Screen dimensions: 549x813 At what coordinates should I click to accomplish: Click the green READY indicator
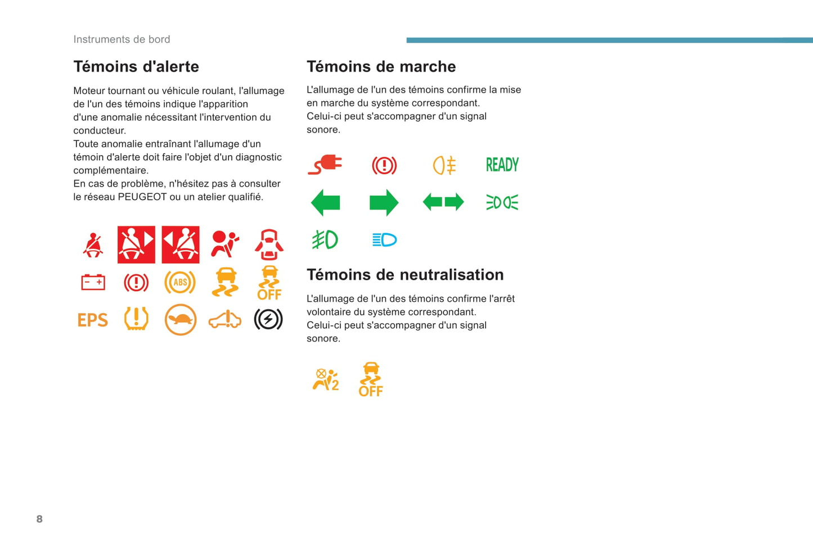(502, 165)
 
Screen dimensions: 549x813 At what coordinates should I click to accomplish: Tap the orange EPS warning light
(92, 320)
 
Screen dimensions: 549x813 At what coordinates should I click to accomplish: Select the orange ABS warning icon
(180, 283)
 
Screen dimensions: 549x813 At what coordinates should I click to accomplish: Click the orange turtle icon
(181, 320)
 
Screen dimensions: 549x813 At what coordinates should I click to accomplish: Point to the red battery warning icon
(93, 282)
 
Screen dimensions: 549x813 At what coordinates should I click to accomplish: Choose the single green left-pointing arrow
(325, 202)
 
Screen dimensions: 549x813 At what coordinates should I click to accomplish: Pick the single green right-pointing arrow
(384, 202)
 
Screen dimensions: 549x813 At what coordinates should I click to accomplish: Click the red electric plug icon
(325, 165)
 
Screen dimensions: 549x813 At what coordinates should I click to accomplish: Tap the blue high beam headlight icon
(384, 240)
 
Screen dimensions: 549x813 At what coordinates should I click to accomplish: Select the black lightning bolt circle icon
(268, 320)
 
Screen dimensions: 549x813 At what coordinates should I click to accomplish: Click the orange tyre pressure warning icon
(136, 319)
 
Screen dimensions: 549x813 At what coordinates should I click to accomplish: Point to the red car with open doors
(269, 244)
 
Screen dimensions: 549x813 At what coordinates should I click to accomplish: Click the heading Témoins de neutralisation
(405, 275)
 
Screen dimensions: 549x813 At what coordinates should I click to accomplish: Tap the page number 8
(39, 519)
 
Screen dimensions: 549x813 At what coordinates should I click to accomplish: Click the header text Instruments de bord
(122, 39)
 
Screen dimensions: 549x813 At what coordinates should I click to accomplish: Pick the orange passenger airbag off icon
(326, 379)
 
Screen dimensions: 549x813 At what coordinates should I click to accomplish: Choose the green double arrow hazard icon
(443, 202)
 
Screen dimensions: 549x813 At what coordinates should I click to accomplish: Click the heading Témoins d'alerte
(136, 66)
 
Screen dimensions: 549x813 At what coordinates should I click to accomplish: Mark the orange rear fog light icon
(444, 165)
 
